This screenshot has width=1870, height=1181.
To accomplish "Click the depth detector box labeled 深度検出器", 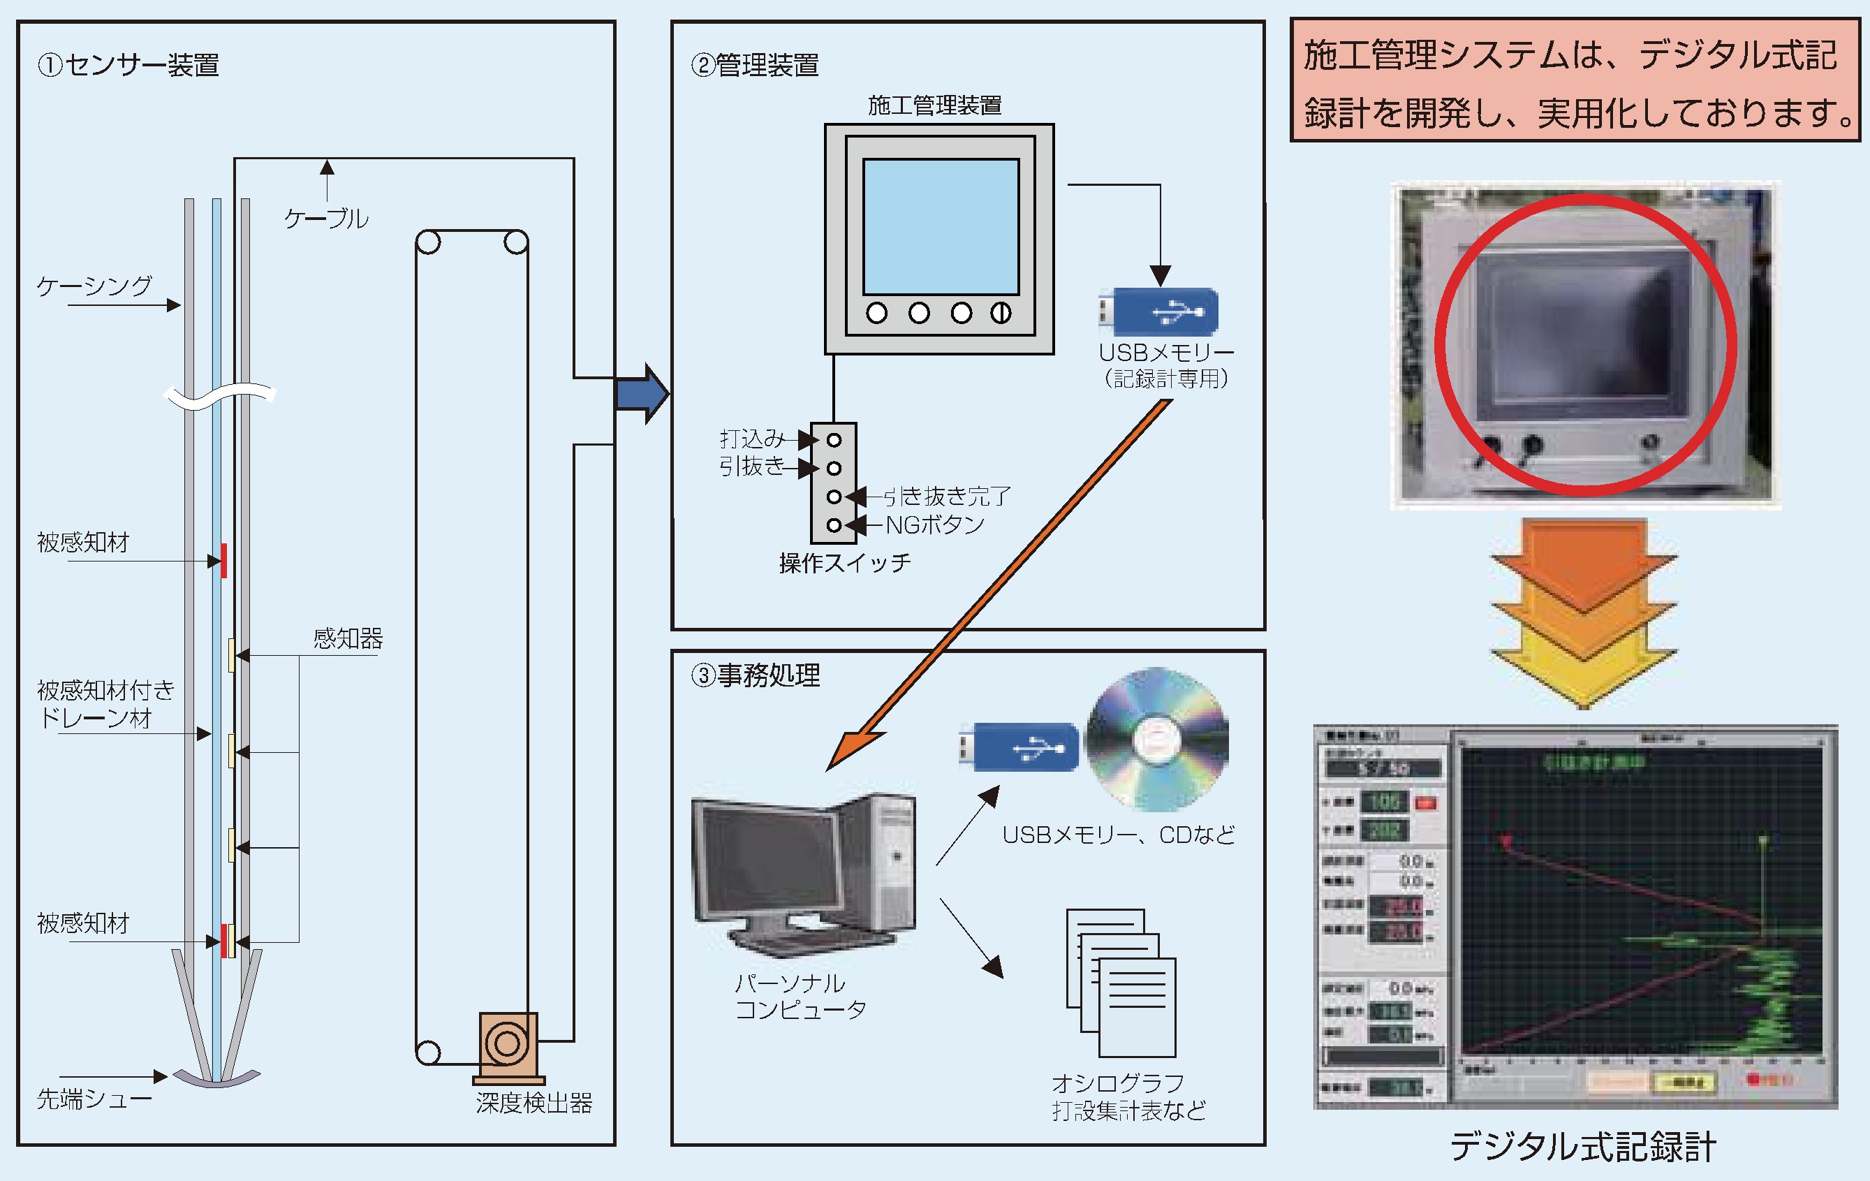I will pos(508,1044).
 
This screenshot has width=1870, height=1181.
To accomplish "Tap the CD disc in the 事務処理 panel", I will pos(1156,739).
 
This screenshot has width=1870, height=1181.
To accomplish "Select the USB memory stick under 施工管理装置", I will pos(1158,312).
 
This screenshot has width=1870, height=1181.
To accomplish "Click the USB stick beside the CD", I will pos(1019,747).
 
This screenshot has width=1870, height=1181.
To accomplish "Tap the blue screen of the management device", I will pos(941,227).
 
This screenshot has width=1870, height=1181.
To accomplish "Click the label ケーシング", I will pos(95,286).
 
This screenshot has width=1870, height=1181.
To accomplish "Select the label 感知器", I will pos(348,638).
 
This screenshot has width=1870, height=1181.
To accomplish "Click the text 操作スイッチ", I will pos(845,562).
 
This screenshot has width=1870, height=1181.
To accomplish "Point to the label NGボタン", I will pos(934,525).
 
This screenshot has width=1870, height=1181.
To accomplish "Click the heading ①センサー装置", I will pos(129,64).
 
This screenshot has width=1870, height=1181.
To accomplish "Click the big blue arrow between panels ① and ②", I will pos(642,394).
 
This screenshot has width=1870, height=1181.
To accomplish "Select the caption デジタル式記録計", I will pos(1583,1146).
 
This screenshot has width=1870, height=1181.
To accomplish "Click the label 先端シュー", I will pos(94,1098).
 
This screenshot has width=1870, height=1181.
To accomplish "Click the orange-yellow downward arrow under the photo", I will pos(1584,613).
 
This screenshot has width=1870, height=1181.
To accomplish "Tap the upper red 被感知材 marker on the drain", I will pos(223,560).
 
